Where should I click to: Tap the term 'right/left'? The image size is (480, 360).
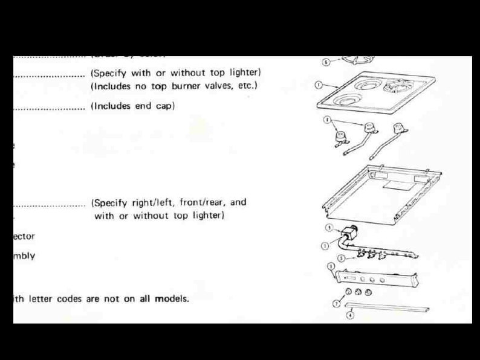(155, 202)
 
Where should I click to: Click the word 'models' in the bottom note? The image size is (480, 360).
(171, 299)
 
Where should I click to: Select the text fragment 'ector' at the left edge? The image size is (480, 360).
(24, 236)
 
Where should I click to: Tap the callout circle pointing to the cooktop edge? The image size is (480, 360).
(319, 85)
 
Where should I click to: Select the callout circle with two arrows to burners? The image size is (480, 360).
(327, 120)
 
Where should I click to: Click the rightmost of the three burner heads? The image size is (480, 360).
(398, 129)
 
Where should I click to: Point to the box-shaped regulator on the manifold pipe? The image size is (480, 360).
(348, 233)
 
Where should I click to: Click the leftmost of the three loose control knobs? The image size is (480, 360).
(348, 292)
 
